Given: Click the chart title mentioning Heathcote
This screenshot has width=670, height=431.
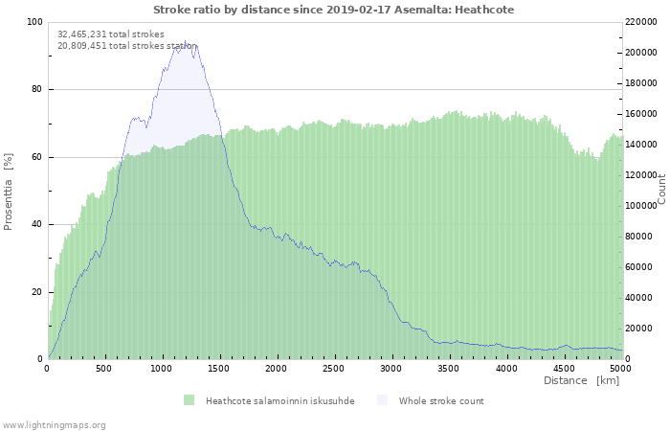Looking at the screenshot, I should [x=333, y=9].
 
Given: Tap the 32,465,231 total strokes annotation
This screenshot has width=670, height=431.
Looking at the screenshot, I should [x=110, y=34].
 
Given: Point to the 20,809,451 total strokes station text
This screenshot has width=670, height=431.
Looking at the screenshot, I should [x=126, y=45].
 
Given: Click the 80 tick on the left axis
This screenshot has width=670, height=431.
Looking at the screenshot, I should [x=36, y=90].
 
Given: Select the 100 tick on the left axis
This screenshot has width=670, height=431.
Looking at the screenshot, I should [x=34, y=22].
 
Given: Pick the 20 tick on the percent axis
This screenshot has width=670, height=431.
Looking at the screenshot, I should [x=36, y=292].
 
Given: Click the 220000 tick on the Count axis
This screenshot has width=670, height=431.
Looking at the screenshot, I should [x=643, y=22].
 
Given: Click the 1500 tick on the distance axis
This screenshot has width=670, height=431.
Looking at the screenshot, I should [x=219, y=369].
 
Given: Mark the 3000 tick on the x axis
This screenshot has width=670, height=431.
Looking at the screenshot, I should [x=391, y=369].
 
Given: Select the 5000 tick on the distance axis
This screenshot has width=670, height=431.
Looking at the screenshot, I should [x=620, y=369].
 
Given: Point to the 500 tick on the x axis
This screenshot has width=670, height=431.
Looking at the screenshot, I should [x=105, y=369].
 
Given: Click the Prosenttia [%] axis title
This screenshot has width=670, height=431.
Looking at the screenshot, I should [x=9, y=191].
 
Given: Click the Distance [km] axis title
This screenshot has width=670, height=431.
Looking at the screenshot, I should [x=581, y=381].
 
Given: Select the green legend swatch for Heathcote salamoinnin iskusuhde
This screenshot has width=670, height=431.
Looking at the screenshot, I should [x=190, y=400].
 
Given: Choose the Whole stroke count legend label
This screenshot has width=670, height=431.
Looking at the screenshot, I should [x=441, y=401].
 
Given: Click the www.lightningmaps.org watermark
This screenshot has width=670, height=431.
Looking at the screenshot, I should [x=54, y=424].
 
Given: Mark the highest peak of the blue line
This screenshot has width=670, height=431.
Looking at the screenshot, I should [x=186, y=42].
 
